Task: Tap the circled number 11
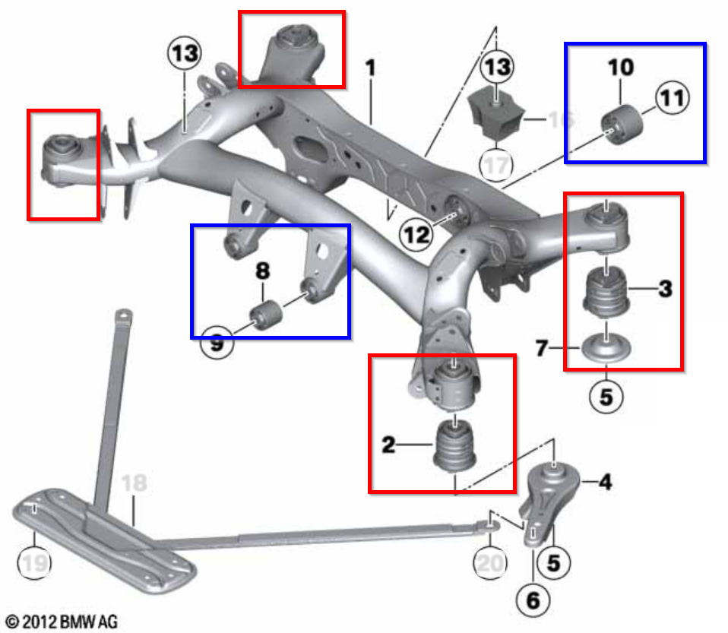coord(672,98)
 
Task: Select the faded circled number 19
coord(33,563)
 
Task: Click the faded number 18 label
coord(134,483)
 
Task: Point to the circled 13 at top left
coord(185,54)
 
